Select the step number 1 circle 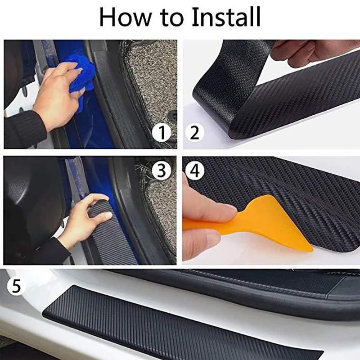pyautogui.click(x=162, y=133)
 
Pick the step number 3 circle pyautogui.click(x=161, y=170)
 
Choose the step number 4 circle pyautogui.click(x=195, y=170)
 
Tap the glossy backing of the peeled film pyautogui.click(x=216, y=81)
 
